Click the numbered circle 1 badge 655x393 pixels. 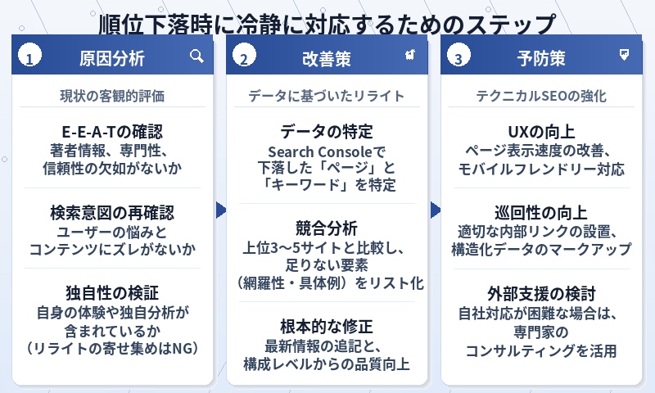(x=30, y=59)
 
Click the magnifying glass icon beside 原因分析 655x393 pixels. (x=196, y=56)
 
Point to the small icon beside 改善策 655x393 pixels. (x=410, y=55)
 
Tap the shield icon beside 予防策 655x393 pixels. (x=625, y=55)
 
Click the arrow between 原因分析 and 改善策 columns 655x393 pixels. (x=220, y=210)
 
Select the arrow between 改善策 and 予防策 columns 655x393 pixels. (x=436, y=210)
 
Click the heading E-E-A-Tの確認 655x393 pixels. (x=112, y=133)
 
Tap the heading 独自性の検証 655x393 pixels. (x=112, y=292)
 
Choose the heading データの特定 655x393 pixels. (x=327, y=133)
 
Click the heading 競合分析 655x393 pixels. (x=327, y=227)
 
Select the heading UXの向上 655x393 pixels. (x=541, y=133)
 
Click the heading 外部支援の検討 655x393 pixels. (x=541, y=292)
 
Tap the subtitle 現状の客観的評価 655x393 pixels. (x=112, y=96)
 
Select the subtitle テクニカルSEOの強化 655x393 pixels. (x=541, y=96)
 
